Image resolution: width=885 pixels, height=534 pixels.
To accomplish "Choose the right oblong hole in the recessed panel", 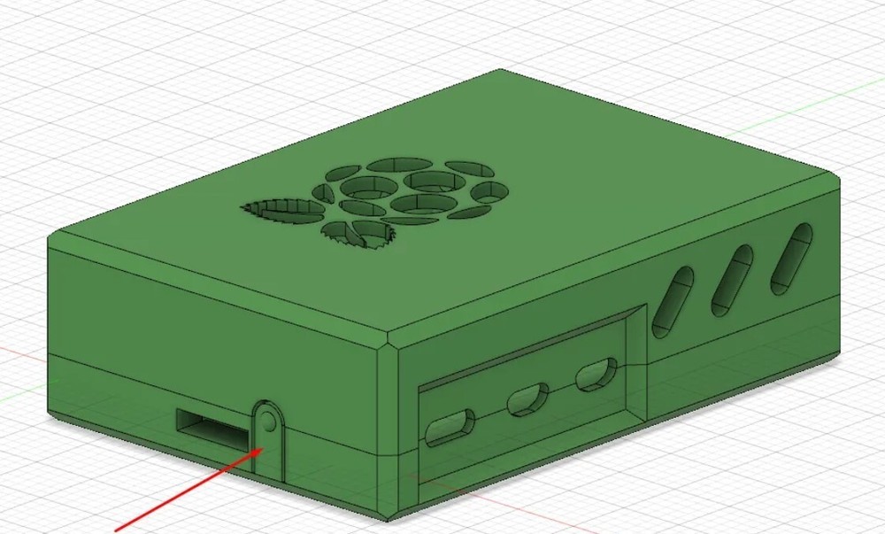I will click(597, 375).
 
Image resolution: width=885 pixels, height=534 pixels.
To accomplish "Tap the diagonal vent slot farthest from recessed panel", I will click(791, 258).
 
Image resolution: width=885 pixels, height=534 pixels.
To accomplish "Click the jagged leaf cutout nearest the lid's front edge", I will click(358, 233).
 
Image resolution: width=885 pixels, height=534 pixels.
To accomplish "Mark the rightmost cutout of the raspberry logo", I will click(489, 191).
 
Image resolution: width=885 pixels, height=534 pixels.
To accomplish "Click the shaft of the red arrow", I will click(186, 491).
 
